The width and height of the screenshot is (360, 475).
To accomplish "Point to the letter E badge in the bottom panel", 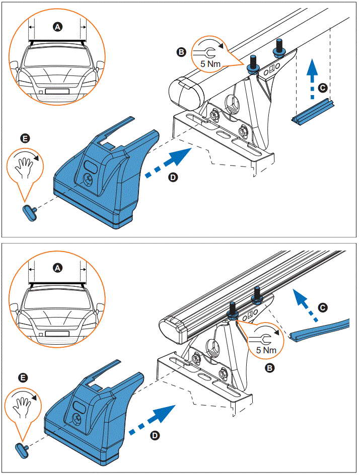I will click(23, 377).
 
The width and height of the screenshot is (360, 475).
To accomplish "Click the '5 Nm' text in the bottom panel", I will click(265, 349).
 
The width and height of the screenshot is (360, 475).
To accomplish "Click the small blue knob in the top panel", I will click(29, 212).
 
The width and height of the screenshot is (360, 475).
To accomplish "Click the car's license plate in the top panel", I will click(56, 92).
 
